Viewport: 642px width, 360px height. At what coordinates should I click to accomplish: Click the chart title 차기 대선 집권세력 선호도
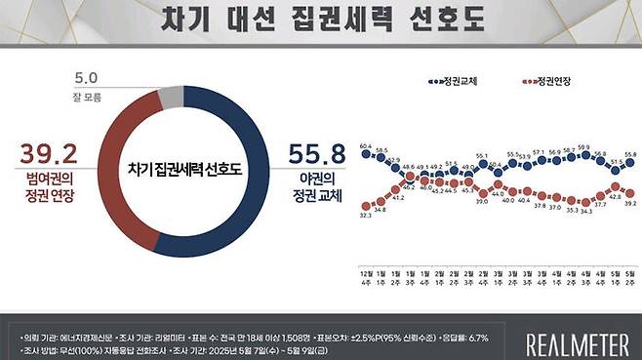click(x=321, y=19)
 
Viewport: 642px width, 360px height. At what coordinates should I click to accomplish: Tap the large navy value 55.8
click(x=317, y=155)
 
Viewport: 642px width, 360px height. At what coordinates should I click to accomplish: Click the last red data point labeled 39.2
click(x=630, y=193)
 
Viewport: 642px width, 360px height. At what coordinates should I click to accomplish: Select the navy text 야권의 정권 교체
click(x=317, y=189)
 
